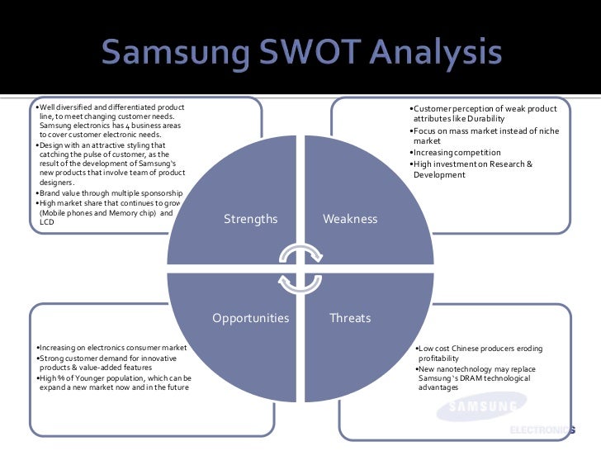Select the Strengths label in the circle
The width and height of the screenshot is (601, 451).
click(251, 219)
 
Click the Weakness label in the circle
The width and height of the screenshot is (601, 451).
click(349, 219)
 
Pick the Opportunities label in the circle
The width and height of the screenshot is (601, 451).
click(251, 317)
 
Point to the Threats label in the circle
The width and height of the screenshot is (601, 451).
click(350, 317)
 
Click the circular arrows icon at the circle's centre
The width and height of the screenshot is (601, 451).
click(300, 268)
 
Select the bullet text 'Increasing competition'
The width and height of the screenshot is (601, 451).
click(458, 153)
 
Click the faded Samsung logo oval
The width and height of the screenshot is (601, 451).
click(483, 406)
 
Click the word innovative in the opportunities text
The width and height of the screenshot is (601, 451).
click(159, 358)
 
